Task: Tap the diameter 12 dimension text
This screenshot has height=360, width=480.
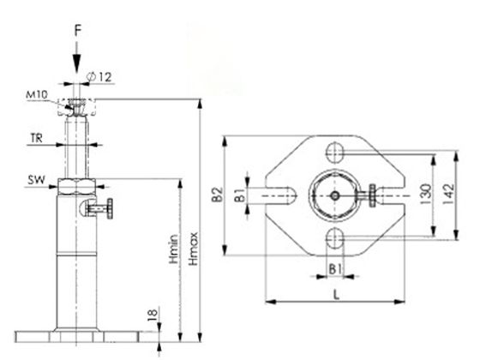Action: point(103,78)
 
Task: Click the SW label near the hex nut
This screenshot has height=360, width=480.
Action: point(34,181)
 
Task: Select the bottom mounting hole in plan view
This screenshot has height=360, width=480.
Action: point(335,237)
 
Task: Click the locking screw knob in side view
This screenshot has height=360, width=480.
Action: point(106,209)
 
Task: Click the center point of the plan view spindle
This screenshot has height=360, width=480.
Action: point(335,195)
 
